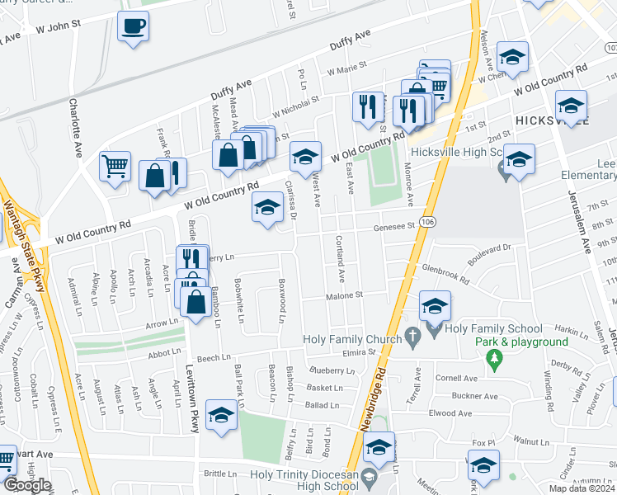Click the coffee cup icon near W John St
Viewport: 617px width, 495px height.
132,27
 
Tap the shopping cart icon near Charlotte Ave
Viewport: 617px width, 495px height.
115,166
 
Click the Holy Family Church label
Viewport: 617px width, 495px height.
351,338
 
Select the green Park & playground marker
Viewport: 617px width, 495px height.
494,358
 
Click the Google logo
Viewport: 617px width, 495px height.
27,485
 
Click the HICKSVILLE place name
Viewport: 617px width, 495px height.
552,120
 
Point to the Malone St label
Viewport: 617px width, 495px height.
344,295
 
